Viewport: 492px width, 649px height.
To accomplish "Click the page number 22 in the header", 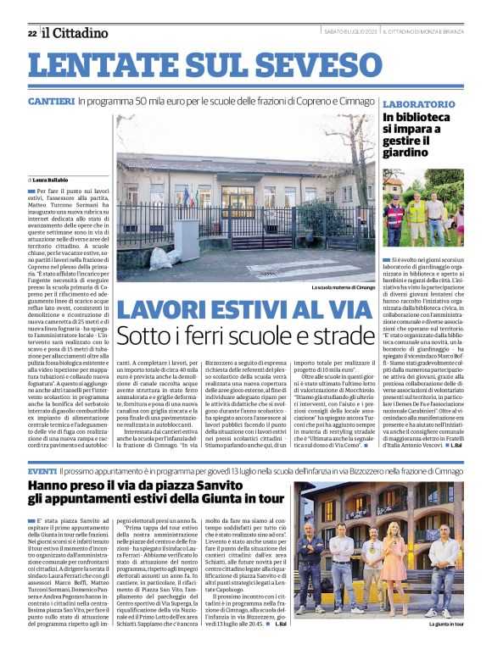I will coord(31,34).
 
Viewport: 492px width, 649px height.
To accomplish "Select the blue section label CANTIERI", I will coord(50,102).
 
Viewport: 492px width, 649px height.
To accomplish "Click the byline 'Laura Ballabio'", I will coord(50,180).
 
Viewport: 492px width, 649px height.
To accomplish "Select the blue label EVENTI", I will coord(42,470).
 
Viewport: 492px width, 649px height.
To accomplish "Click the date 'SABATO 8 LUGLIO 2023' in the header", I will coord(350,32).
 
